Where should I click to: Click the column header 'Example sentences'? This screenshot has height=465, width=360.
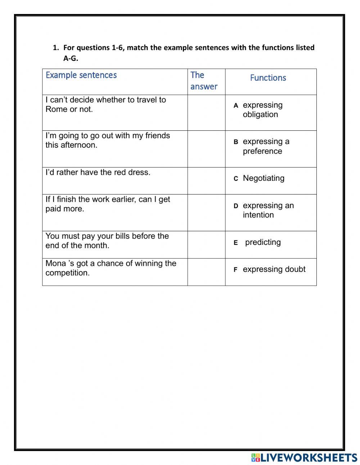point(81,75)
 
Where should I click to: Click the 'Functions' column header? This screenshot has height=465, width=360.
point(268,78)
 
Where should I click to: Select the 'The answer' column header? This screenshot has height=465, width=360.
point(204,81)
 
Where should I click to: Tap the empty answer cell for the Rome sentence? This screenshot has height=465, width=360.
point(206,113)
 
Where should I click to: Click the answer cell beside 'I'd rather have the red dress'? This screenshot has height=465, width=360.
point(206,181)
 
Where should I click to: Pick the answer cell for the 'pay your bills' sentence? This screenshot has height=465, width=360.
point(206,245)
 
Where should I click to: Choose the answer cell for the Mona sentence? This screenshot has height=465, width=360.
point(206,272)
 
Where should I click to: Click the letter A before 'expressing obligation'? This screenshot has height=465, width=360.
point(236,106)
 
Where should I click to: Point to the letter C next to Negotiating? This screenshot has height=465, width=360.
point(236,179)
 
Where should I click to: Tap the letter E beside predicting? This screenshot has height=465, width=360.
point(236,243)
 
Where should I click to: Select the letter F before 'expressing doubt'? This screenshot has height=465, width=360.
point(236,270)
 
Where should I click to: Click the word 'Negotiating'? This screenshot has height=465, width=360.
point(264,178)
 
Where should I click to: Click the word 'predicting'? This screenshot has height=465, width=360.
point(263,242)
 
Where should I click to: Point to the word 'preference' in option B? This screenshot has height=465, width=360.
point(262,151)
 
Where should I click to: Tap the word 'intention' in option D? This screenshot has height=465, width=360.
point(258,215)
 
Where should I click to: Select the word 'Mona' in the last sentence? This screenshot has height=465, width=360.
point(55,264)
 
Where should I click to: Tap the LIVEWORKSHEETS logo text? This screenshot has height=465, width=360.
point(309,458)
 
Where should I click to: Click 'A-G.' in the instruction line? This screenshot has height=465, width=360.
point(71,58)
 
